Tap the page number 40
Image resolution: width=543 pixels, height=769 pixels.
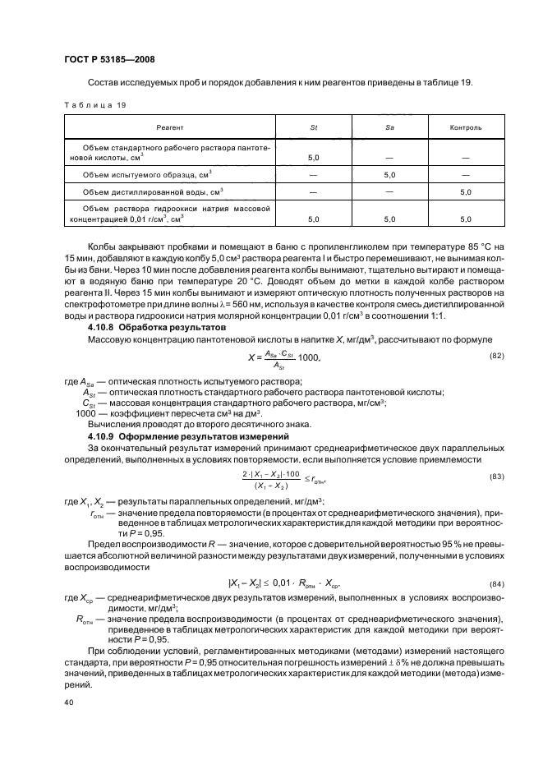coord(69,702)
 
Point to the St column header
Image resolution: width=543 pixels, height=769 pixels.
coord(313,128)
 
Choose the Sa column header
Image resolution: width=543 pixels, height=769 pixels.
coord(389,128)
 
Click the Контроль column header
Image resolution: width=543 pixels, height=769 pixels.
coord(465,128)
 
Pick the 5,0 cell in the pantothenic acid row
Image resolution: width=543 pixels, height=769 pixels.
coord(313,156)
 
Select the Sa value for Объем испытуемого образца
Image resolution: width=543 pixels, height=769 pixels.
coord(389,174)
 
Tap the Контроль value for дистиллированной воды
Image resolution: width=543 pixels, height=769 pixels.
coord(465,192)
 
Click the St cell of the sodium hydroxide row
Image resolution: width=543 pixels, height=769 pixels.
coord(313,219)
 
